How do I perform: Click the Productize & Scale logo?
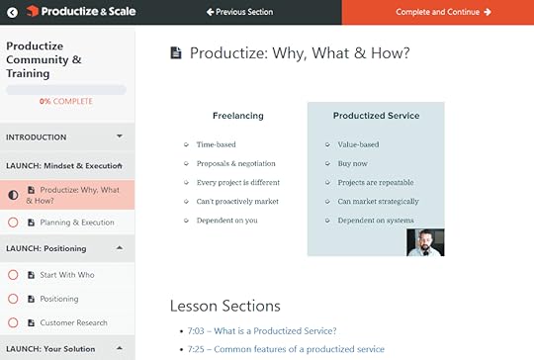68,12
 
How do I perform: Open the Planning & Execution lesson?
77,223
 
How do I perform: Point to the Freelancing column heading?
237,116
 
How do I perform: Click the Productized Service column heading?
376,116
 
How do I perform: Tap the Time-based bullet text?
216,144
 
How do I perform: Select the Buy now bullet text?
353,163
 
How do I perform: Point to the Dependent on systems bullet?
375,221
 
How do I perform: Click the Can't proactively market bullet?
237,202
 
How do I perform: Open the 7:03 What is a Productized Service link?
261,330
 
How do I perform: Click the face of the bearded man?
425,240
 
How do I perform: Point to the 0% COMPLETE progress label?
66,102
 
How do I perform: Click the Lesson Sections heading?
224,306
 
